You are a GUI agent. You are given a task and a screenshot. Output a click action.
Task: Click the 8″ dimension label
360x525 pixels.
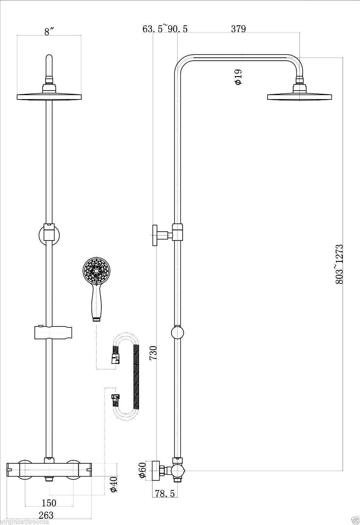coord(49,32)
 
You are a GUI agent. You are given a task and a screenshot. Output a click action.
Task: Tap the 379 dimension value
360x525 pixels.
coord(238,29)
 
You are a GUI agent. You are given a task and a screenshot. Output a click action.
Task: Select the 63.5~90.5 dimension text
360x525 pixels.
coord(165,29)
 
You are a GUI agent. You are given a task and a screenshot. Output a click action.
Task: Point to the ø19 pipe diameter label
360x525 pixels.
coord(238,77)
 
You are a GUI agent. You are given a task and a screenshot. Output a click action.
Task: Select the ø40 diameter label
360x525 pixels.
coord(113,482)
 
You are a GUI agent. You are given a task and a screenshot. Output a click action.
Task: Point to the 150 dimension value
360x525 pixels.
coord(49,502)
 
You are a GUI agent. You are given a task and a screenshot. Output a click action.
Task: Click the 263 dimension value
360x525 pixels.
coord(46,515)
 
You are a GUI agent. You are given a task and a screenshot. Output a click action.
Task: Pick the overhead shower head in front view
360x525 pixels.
coord(49,96)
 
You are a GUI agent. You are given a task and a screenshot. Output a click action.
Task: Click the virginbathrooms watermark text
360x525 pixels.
coord(25,522)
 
